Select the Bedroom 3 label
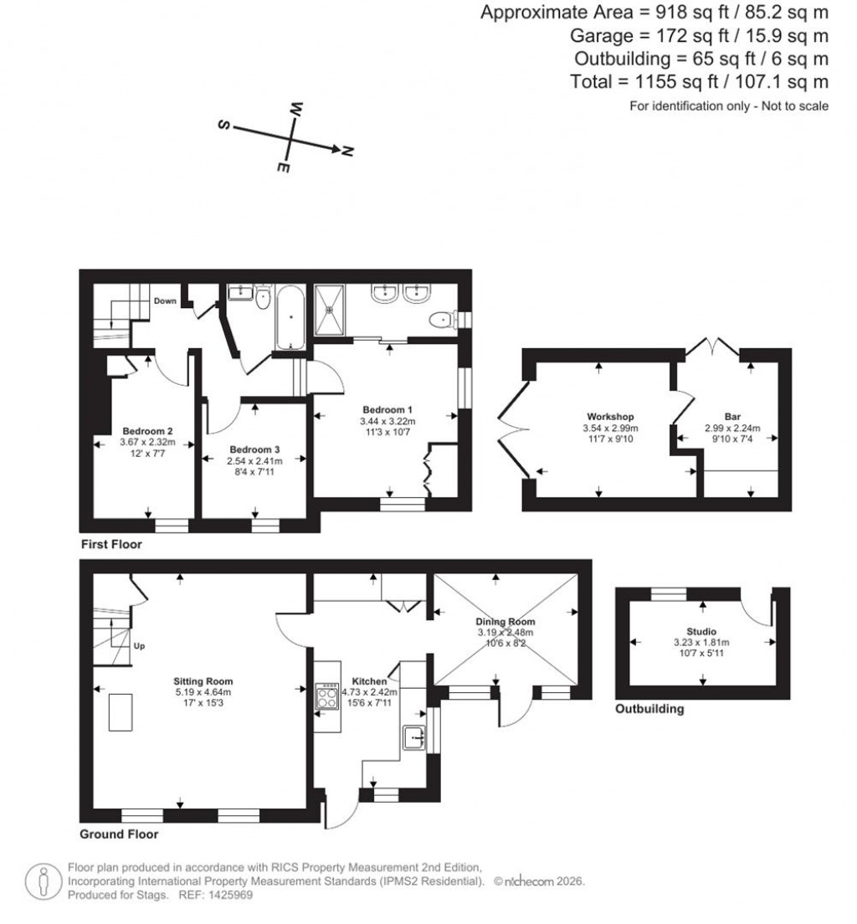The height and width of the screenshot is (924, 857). (x=255, y=449)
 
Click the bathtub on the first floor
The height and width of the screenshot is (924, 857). (x=290, y=317)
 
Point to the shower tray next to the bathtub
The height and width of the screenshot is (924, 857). (x=331, y=309)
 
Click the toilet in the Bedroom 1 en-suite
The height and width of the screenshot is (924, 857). (x=439, y=320)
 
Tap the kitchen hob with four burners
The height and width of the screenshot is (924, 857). (x=326, y=696)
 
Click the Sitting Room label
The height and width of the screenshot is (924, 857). (x=203, y=681)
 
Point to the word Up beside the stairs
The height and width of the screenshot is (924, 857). (x=140, y=647)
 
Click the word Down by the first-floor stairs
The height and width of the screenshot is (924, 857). (x=165, y=300)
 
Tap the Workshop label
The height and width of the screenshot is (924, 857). (x=609, y=416)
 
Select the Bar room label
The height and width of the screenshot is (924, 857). (x=732, y=416)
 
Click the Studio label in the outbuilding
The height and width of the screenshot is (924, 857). (x=702, y=632)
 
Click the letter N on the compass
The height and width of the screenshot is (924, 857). (x=347, y=151)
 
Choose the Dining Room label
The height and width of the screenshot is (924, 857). (x=505, y=622)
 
